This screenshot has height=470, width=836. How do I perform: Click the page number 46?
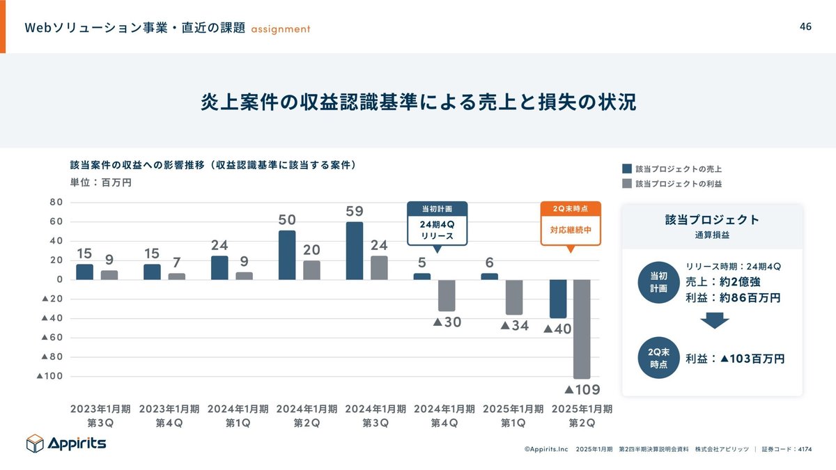[805, 26]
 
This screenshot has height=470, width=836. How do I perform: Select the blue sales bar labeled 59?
[355, 251]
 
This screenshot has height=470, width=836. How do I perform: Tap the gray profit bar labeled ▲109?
[582, 329]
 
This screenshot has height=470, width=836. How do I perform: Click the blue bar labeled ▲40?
[558, 299]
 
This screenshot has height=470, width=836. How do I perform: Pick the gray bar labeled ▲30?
[447, 295]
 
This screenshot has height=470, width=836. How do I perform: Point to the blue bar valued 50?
[287, 255]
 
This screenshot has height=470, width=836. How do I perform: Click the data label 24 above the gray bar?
[378, 245]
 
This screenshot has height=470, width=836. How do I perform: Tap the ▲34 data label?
[515, 325]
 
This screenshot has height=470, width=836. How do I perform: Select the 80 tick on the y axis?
[56, 203]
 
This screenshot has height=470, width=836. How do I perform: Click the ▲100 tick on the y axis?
[49, 376]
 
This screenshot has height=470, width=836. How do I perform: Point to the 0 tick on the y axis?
[61, 280]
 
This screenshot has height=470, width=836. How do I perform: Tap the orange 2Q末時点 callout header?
[571, 209]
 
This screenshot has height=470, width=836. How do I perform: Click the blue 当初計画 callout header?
[437, 209]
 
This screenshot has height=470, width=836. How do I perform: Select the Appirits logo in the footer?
[66, 443]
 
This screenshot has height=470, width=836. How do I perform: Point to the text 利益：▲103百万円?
[735, 359]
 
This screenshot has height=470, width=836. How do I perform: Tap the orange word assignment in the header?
[281, 29]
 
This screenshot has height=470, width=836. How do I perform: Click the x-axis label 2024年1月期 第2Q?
[307, 416]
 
